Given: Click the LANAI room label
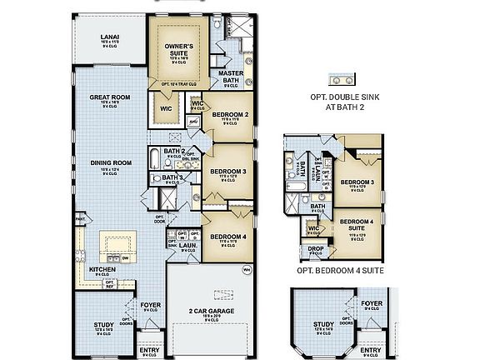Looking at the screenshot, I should (x=108, y=37).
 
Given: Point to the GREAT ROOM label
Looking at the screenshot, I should (x=110, y=97).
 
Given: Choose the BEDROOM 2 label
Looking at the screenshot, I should (x=230, y=114).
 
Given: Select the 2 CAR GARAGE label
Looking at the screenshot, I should (x=211, y=310).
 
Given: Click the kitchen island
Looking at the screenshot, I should (x=115, y=247).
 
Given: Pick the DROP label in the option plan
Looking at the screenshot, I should (x=315, y=248).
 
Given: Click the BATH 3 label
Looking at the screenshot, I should (x=172, y=177).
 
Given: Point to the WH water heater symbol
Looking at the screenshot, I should (x=246, y=269).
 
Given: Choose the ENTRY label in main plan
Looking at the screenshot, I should (x=149, y=351).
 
